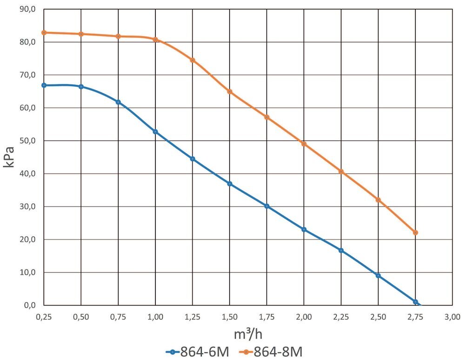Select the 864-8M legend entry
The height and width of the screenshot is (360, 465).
(272, 351)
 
